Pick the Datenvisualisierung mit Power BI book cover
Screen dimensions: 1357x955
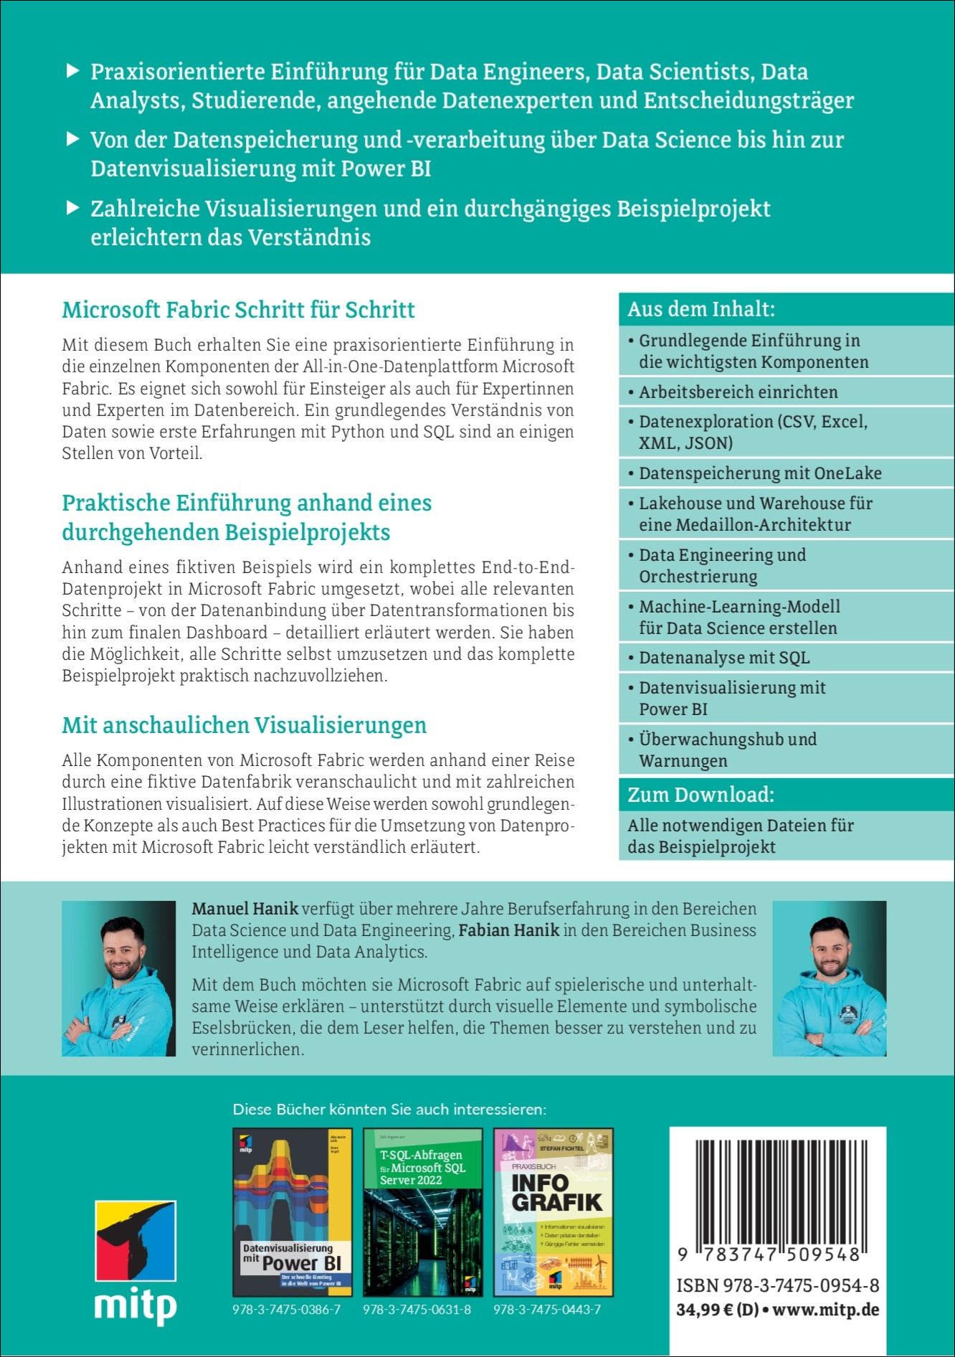[x=292, y=1211]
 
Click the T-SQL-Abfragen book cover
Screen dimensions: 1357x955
[x=422, y=1211]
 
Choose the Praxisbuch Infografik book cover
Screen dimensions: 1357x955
[x=553, y=1211]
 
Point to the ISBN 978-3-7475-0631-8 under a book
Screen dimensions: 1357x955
[x=417, y=1310]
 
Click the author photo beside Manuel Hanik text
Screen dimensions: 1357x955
[x=118, y=978]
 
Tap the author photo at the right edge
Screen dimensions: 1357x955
[x=829, y=978]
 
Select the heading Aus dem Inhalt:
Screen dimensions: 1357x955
[x=701, y=309]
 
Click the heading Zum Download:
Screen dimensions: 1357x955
[x=700, y=795]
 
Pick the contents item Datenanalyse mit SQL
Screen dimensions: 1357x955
[x=724, y=658]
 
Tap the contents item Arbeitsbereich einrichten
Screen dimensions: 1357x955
[x=738, y=392]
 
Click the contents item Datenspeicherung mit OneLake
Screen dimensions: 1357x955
[x=760, y=473]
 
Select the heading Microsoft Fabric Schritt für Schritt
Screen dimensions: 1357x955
[x=238, y=310]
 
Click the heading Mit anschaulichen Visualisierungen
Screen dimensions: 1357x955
[x=244, y=725]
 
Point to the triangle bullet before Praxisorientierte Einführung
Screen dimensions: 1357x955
[x=72, y=71]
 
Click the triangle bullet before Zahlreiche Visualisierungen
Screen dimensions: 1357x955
[x=72, y=208]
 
